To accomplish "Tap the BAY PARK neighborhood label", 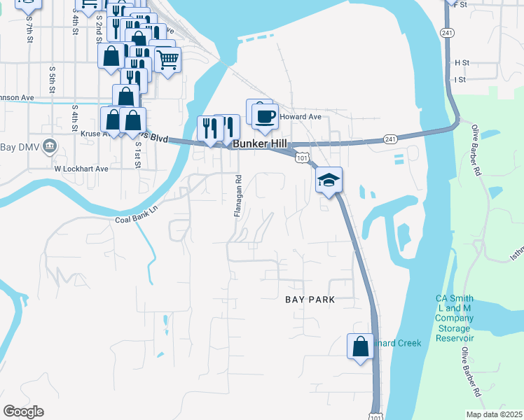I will (x=310, y=300).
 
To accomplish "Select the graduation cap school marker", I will (x=329, y=181).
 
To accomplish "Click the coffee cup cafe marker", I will (x=264, y=116).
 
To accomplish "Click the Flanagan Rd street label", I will (x=237, y=195).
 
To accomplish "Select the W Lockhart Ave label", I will (x=81, y=169).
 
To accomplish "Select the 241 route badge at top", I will (x=446, y=33).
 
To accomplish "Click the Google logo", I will (x=23, y=412).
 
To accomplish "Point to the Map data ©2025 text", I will (x=495, y=414).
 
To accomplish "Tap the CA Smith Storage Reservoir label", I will (x=455, y=318).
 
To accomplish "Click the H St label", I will (x=461, y=62).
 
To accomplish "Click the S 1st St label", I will (x=139, y=155).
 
